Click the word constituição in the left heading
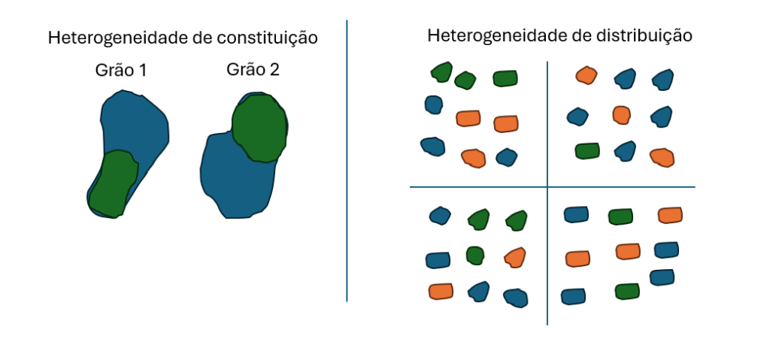coord(265,38)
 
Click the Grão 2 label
coord(253,70)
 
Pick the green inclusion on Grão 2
coord(259,129)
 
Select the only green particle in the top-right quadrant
coord(587,151)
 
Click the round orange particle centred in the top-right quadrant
coord(621,115)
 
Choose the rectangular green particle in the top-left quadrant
coord(505,78)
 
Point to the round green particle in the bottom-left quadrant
coord(474,255)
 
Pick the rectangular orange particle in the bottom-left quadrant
coord(441,291)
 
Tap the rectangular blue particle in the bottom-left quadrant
coord(438,260)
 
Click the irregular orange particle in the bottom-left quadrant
coord(515,258)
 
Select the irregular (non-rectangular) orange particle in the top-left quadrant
coord(473,158)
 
